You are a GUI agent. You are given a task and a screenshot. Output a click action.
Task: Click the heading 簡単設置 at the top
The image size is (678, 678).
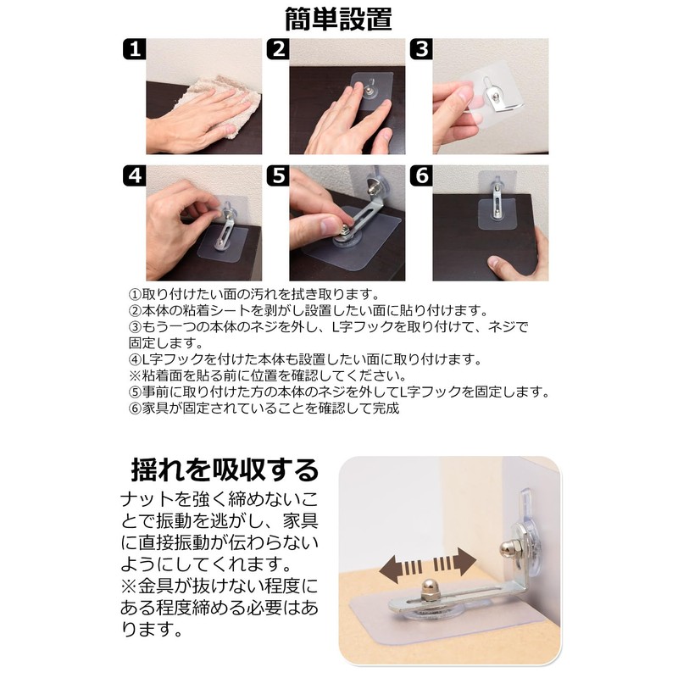point(338,19)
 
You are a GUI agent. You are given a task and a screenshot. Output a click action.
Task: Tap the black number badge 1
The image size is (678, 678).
point(135,49)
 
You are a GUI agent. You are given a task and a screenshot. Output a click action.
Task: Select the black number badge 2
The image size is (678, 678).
point(278,49)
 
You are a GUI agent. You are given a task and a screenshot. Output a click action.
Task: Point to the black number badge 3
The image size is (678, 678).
point(421,49)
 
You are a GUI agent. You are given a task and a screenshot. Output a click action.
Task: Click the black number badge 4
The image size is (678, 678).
point(135,175)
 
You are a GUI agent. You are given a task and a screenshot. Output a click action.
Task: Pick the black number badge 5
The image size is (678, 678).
point(278,175)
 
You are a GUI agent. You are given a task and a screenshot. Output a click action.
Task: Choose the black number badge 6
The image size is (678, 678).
point(421,175)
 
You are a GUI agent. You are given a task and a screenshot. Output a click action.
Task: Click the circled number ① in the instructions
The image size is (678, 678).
point(135,295)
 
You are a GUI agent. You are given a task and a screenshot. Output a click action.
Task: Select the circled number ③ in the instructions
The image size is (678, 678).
point(135,327)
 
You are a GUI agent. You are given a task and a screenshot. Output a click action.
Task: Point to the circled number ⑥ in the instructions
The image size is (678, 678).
point(135,408)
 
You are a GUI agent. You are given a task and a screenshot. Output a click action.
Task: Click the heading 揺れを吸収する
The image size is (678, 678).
point(225,470)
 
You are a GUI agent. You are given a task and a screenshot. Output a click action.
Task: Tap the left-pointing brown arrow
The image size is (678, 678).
point(401,569)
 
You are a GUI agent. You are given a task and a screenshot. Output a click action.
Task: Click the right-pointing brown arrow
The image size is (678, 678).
point(455,562)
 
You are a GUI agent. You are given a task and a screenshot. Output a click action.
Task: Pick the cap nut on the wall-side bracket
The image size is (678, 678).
point(508,550)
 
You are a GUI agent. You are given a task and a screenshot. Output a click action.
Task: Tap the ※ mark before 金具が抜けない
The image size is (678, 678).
point(129,586)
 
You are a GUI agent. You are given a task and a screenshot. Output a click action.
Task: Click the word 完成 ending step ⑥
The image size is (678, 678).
point(386,408)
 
